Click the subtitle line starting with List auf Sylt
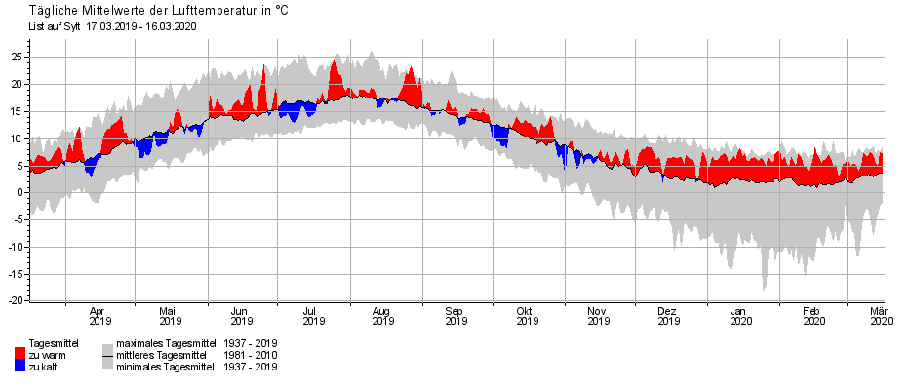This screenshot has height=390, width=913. tap(113, 25)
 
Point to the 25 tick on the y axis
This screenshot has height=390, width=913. tap(16, 57)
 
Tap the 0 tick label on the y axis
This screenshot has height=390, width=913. tap(19, 192)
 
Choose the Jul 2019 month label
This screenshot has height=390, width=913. tap(312, 315)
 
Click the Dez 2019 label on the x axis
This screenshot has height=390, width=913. tap(667, 315)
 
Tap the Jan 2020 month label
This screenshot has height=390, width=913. tap(740, 315)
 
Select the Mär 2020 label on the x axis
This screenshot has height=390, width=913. tap(881, 315)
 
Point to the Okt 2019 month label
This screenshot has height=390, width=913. tap(527, 315)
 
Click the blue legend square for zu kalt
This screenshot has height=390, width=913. tap(20, 366)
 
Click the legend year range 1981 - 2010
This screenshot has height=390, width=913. tap(251, 355)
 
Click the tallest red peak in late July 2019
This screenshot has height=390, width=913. tap(335, 64)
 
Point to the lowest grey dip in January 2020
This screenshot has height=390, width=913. tap(764, 288)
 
